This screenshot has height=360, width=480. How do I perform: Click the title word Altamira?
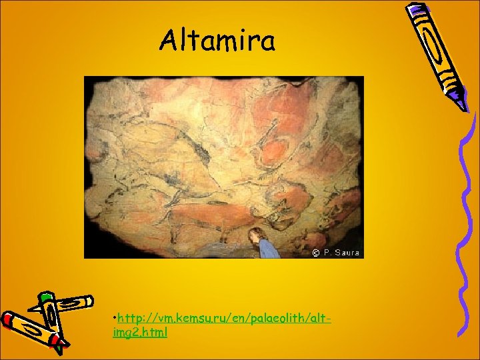click(217, 41)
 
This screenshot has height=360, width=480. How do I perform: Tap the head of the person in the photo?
click(254, 233)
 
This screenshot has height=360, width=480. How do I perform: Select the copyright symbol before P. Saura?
click(315, 253)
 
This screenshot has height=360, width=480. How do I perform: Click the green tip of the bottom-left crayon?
click(45, 295)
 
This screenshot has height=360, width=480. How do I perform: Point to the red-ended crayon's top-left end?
click(8, 319)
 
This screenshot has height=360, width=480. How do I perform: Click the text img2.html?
click(141, 332)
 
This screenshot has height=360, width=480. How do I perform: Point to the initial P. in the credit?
click(327, 253)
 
